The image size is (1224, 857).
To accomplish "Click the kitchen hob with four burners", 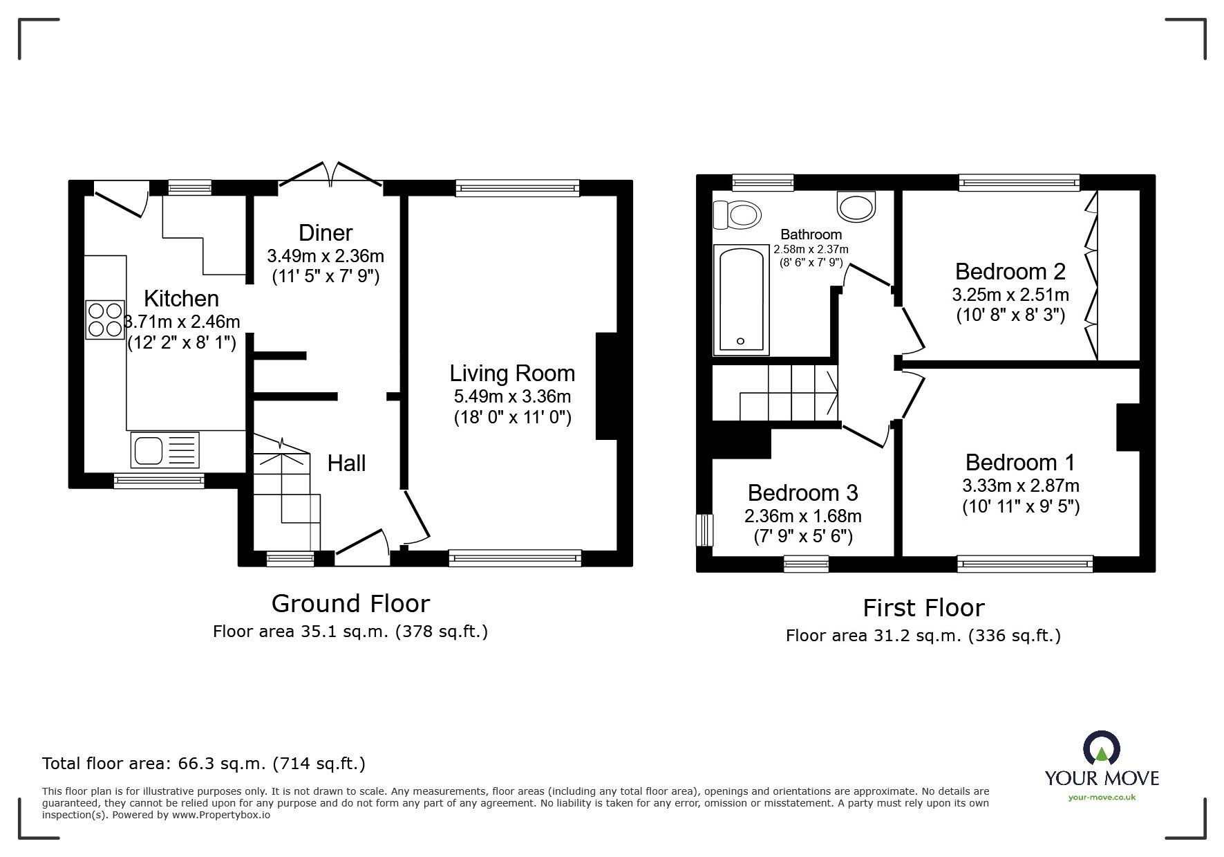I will [x=105, y=320].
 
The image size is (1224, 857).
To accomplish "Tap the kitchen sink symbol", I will [x=164, y=450].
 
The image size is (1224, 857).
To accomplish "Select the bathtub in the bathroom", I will [x=741, y=301].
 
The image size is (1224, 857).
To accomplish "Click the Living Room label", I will [x=512, y=374].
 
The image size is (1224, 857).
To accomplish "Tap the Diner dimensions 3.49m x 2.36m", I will [x=326, y=256].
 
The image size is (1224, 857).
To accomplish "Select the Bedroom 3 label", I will [x=802, y=492].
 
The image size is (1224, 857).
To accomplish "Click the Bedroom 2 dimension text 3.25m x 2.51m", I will [x=1010, y=295].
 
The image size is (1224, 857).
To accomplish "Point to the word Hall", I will [x=346, y=463].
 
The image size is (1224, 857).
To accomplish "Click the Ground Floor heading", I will [x=350, y=604].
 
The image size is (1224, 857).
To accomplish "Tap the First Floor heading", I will [x=923, y=608].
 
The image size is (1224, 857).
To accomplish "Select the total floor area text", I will [x=204, y=764].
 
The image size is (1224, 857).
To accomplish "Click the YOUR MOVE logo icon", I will [x=1101, y=749].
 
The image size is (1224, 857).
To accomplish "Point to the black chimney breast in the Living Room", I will [x=606, y=386].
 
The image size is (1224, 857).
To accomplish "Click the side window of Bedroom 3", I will [x=704, y=530].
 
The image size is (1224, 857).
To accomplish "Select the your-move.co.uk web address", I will [x=1102, y=798].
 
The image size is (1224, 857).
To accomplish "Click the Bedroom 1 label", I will [x=1020, y=462].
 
